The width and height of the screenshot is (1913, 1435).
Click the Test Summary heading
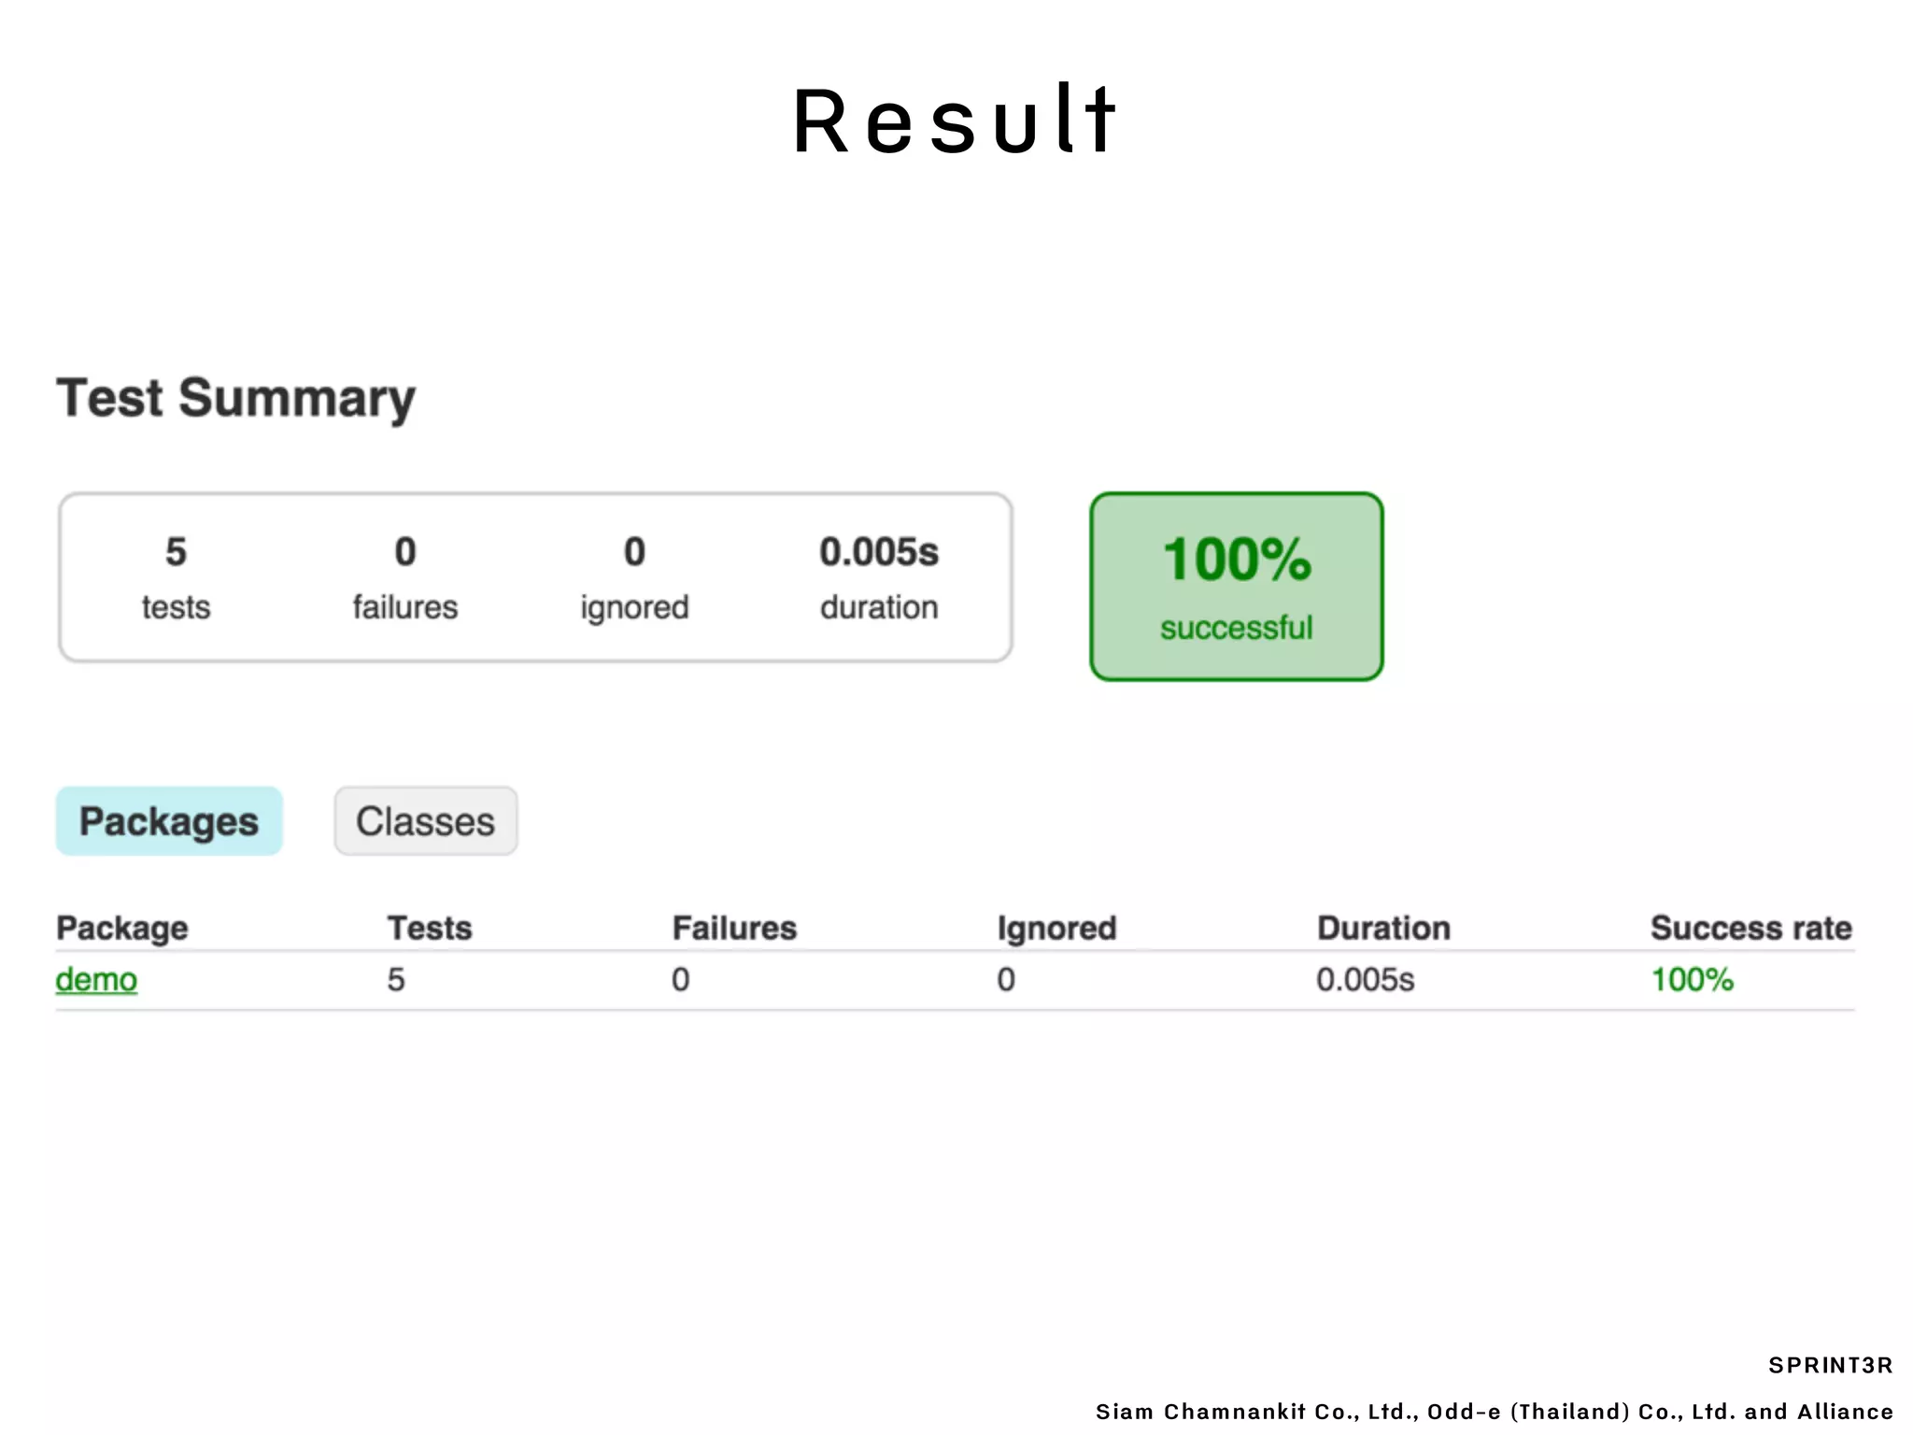coord(236,399)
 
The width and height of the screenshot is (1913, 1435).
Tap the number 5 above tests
coord(176,552)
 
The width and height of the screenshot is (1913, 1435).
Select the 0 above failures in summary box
coord(405,552)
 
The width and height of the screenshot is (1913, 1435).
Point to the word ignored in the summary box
coord(634,608)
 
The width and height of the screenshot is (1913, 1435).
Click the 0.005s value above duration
coord(879,552)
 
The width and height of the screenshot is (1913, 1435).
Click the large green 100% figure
coord(1237,560)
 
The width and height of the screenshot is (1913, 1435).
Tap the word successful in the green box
coord(1237,628)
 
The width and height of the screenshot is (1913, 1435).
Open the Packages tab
coord(169,821)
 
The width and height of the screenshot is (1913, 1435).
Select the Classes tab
coord(426,821)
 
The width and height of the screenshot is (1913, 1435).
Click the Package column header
coord(122,928)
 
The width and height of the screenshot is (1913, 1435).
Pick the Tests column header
coord(430,928)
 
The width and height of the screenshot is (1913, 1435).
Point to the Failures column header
coord(734,928)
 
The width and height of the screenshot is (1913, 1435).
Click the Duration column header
coord(1383,928)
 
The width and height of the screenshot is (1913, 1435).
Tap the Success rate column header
coord(1750,928)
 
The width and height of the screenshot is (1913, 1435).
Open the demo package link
coord(96,980)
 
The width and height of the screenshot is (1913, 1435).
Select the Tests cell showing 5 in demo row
coord(396,980)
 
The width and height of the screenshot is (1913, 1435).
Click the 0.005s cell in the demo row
coord(1365,980)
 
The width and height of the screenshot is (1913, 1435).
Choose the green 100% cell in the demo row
coord(1692,980)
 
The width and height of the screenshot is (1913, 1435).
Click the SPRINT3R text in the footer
coord(1830,1365)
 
